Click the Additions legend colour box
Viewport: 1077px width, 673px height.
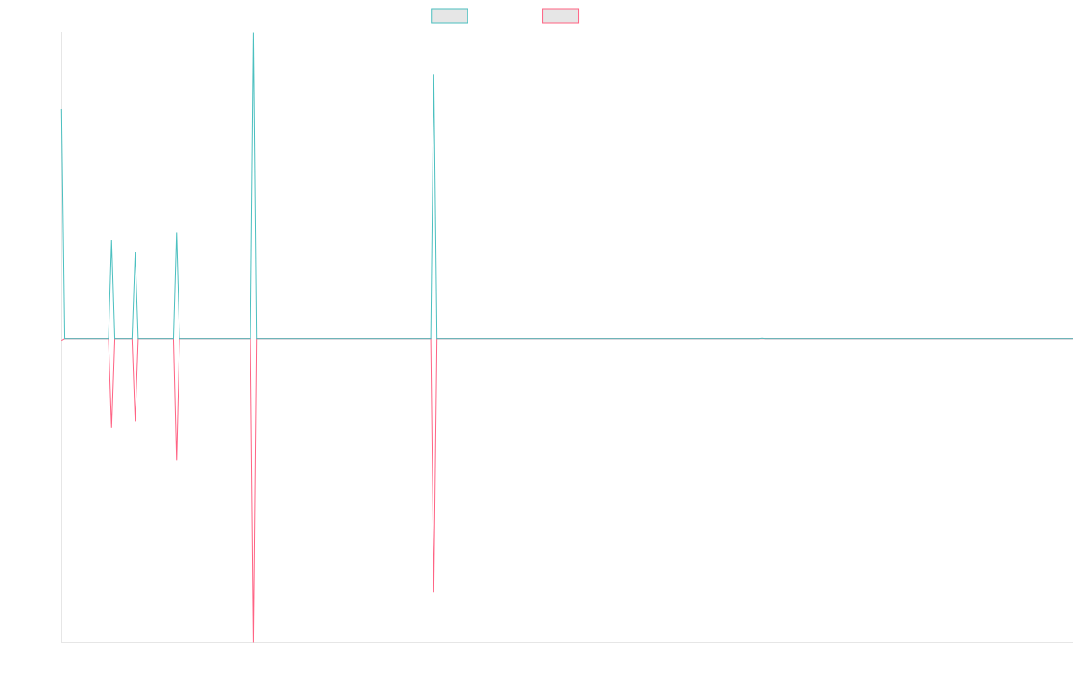[x=450, y=16]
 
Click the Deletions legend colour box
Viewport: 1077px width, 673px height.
[x=561, y=16]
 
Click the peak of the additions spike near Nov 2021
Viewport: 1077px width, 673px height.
[x=433, y=75]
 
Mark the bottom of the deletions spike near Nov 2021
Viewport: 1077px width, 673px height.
[x=433, y=592]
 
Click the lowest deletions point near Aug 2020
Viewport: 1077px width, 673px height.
[x=253, y=641]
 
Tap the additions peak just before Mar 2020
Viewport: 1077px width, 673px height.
[x=177, y=233]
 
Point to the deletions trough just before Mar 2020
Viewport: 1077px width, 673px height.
[x=177, y=460]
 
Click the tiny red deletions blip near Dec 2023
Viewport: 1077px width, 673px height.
[x=763, y=340]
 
